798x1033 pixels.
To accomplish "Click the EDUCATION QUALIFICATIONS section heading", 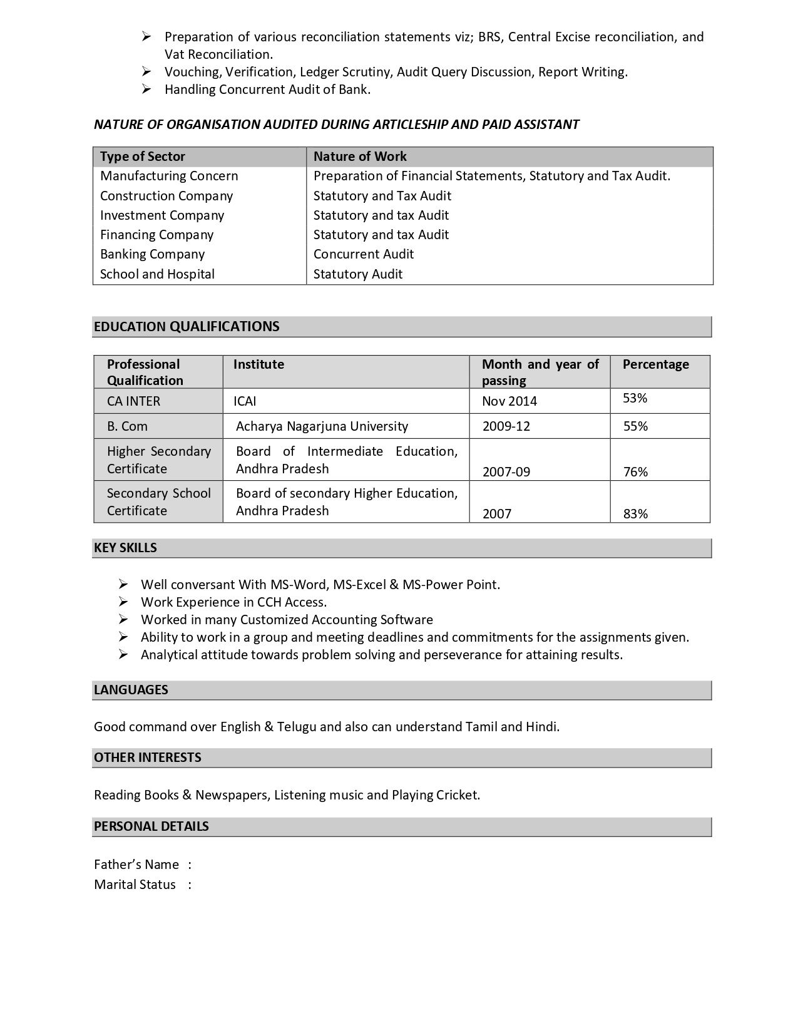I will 187,326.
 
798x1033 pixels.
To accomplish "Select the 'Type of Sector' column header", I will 143,157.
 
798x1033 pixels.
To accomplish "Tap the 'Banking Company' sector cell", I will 152,254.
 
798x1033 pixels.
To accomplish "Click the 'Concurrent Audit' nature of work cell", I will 363,254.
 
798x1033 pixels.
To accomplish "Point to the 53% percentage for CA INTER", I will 635,398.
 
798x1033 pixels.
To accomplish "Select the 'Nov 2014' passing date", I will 509,401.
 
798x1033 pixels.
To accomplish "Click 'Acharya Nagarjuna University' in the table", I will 322,426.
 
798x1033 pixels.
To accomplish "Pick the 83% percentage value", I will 635,514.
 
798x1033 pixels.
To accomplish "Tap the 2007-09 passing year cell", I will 506,472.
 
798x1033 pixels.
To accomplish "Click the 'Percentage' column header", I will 655,364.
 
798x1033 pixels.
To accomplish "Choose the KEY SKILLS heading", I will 125,548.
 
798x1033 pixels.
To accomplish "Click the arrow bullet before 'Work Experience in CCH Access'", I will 123,602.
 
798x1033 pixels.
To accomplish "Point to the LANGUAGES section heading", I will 131,690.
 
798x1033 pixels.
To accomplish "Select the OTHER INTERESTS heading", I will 148,758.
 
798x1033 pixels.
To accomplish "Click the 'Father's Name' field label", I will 136,865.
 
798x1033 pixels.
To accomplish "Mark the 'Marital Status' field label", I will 135,885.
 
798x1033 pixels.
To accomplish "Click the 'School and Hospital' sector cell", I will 157,274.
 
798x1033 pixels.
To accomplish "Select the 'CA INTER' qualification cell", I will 133,401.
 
